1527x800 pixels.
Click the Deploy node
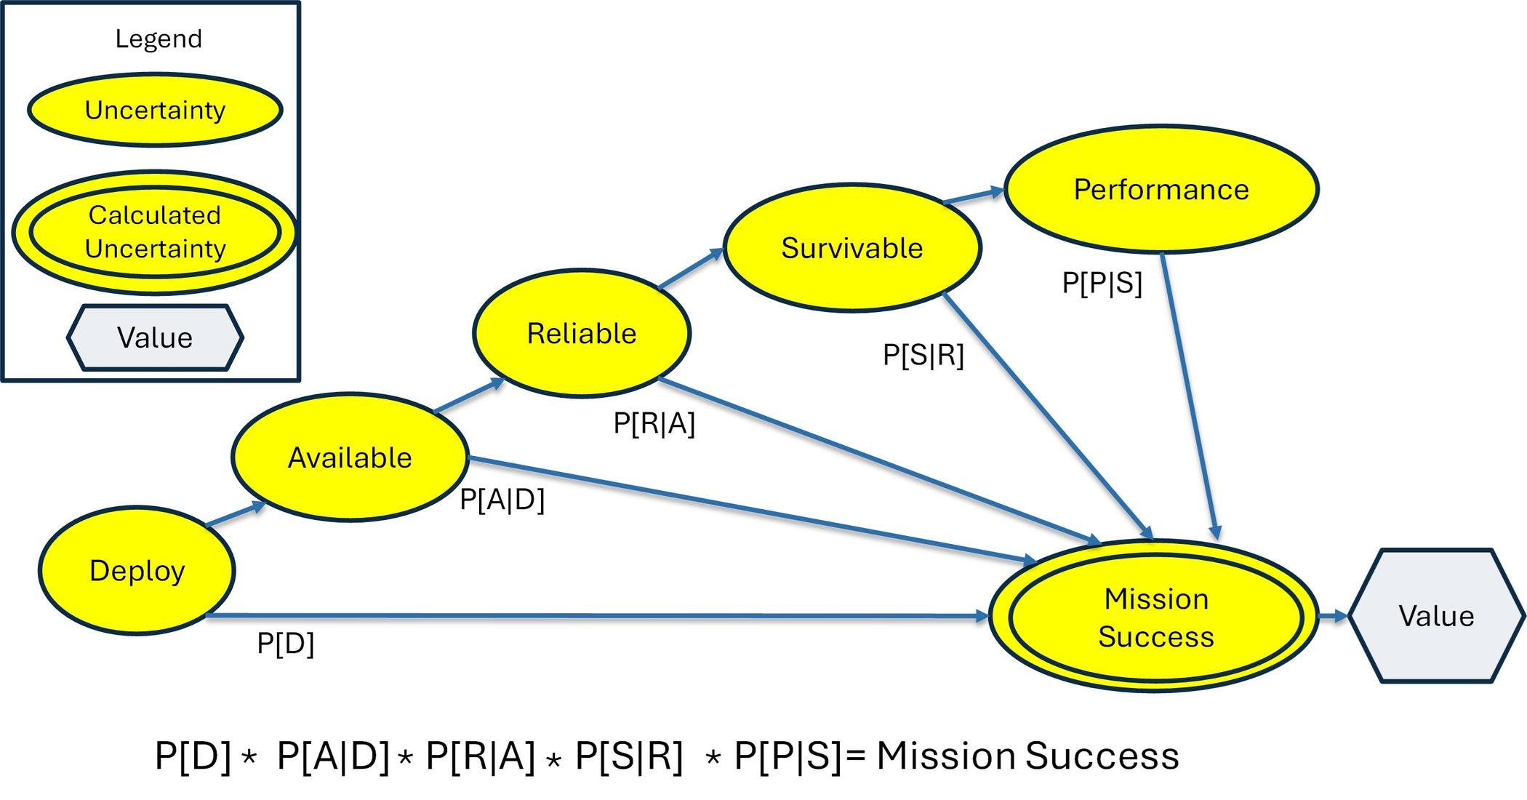point(137,571)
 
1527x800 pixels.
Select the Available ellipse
point(350,457)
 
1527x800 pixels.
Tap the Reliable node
point(582,333)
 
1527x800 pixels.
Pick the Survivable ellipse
point(852,248)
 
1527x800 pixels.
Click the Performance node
point(1161,189)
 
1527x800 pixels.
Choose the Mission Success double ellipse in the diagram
point(1155,616)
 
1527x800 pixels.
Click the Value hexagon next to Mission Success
point(1437,616)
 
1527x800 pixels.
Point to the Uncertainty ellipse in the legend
point(155,110)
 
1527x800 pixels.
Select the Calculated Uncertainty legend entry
point(154,232)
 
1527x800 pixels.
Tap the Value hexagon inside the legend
point(155,337)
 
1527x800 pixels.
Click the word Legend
point(159,39)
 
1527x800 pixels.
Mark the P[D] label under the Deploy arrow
point(286,644)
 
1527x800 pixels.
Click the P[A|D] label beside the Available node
point(502,500)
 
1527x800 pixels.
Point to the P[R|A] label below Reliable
point(654,423)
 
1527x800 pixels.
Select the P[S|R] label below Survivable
point(923,356)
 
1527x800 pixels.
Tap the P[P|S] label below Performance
point(1102,283)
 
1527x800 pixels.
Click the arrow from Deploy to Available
point(236,513)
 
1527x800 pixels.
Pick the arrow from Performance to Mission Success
point(1190,396)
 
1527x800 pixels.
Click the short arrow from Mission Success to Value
point(1334,617)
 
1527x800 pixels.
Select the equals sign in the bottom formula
point(857,756)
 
